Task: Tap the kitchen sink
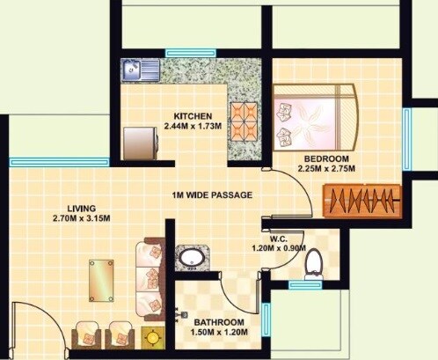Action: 141,69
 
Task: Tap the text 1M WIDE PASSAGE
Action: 213,195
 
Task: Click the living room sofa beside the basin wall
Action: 150,275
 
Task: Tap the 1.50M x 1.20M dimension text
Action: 217,332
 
